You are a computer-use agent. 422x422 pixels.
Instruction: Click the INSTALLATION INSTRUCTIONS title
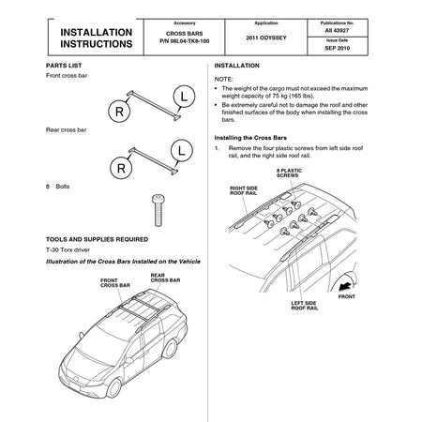(x=97, y=38)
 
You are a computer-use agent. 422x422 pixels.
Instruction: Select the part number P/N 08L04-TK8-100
(x=185, y=41)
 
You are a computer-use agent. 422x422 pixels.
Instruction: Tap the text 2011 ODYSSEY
(x=266, y=38)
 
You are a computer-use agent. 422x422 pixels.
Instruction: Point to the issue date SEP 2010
(x=338, y=48)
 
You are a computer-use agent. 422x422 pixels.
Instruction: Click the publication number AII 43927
(x=337, y=31)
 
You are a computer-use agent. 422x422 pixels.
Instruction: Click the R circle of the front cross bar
(x=119, y=112)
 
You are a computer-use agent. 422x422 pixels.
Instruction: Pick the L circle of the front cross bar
(x=184, y=97)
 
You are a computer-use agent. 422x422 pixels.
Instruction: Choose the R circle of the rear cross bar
(x=121, y=168)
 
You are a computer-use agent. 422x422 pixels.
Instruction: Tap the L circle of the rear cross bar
(x=182, y=151)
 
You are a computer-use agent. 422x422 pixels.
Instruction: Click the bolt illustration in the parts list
(x=158, y=210)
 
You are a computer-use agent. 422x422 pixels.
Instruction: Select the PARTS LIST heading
(x=64, y=66)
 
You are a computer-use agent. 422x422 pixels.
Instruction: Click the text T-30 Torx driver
(x=68, y=249)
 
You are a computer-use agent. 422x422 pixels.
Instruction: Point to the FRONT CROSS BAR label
(x=115, y=283)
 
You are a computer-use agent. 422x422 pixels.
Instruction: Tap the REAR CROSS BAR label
(x=165, y=278)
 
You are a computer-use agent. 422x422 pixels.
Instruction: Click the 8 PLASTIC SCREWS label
(x=289, y=173)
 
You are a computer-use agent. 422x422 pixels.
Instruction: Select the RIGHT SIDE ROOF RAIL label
(x=244, y=190)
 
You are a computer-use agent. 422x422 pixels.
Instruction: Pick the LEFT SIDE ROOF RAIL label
(x=305, y=306)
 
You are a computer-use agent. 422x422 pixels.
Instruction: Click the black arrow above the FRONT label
(x=346, y=286)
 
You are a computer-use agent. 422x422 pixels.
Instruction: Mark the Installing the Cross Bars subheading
(x=250, y=138)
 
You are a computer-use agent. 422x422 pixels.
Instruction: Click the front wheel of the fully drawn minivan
(x=113, y=388)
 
